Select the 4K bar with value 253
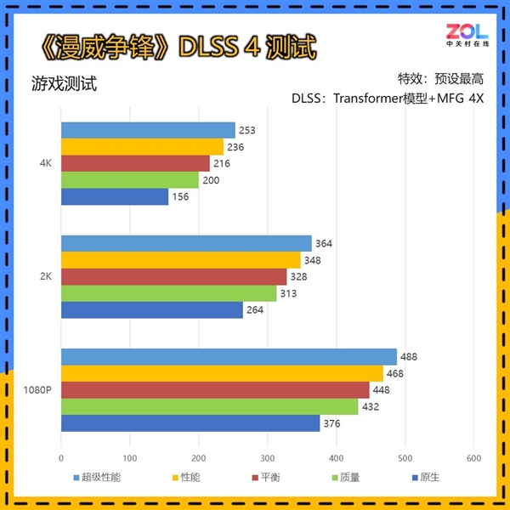pos(148,130)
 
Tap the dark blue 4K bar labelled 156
pos(115,197)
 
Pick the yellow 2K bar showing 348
pos(181,260)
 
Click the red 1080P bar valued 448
pos(215,389)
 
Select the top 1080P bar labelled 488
pos(229,357)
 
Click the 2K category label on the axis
pos(48,277)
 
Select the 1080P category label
pos(38,390)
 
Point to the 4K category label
pos(48,164)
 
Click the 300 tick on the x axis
pos(267,456)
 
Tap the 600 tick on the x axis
pos(473,456)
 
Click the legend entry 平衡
pos(272,478)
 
